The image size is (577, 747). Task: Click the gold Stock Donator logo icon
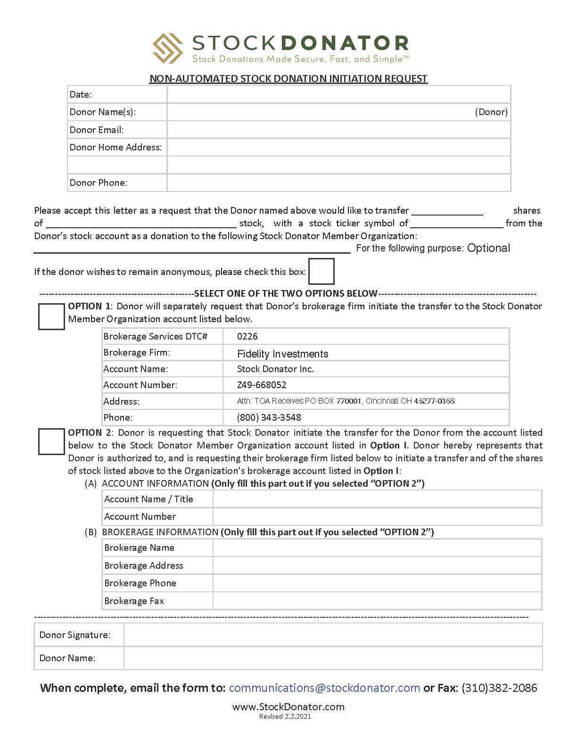(x=168, y=48)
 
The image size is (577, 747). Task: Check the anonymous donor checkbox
(x=321, y=271)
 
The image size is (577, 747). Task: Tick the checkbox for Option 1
(x=51, y=316)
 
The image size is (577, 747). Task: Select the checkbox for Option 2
(x=51, y=441)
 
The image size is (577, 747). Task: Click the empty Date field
(x=338, y=94)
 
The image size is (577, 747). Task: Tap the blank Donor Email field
(x=338, y=130)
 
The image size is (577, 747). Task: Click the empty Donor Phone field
(x=338, y=183)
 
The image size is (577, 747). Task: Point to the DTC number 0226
(x=247, y=336)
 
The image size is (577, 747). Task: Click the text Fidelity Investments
(x=282, y=354)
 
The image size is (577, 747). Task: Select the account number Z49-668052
(x=262, y=385)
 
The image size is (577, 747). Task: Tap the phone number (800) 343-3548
(x=269, y=417)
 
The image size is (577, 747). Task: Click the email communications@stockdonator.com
(x=324, y=688)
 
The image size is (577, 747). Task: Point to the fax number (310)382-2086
(x=499, y=688)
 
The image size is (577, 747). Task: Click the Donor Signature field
(x=333, y=635)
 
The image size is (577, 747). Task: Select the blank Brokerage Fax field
(x=377, y=601)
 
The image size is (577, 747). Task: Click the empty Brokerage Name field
(x=377, y=548)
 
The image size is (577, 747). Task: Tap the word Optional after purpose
(x=488, y=248)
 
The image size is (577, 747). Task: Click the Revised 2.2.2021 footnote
(x=285, y=716)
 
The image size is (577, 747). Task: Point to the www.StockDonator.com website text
(x=288, y=706)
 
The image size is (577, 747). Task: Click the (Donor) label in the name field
(x=491, y=112)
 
